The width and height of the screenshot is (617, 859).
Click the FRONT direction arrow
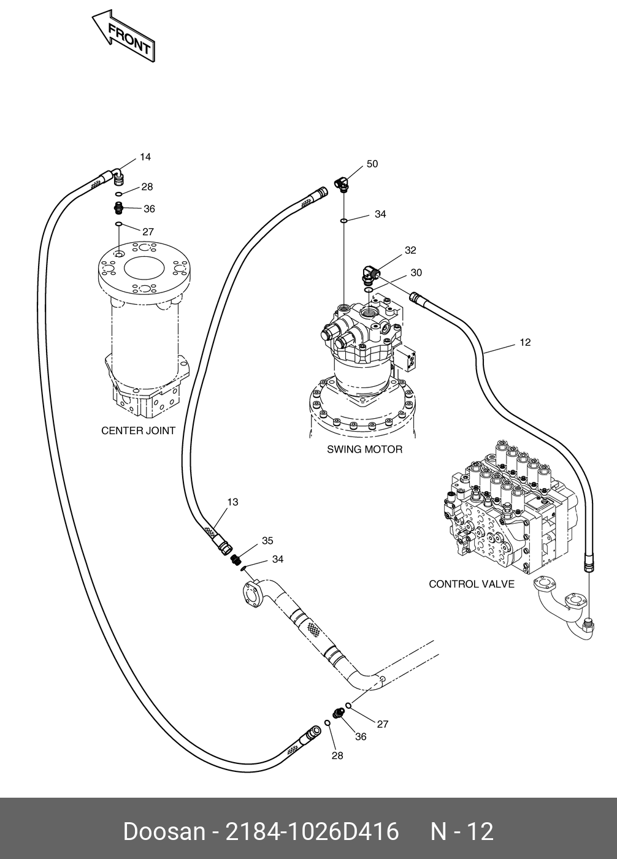pos(123,36)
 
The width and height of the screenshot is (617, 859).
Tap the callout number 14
pos(145,157)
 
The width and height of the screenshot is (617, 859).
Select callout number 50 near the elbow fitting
pos(372,164)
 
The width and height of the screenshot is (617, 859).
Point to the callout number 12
pos(525,342)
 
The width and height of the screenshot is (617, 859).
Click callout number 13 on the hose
pos(232,502)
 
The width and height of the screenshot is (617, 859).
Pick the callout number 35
pos(267,541)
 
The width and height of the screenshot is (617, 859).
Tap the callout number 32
pos(410,250)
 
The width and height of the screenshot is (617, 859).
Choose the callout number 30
pos(416,273)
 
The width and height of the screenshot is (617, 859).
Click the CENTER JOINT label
pos(138,430)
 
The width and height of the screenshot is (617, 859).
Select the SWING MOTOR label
pos(364,449)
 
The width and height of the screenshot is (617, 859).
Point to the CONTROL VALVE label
pos(472,584)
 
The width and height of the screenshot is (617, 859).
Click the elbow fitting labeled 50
pos(342,184)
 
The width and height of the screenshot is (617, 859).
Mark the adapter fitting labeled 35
pos(236,560)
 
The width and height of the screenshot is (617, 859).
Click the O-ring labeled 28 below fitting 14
pos(119,194)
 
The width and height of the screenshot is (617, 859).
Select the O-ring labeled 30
pos(369,290)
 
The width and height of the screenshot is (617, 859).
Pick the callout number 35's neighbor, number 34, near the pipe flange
pos(278,560)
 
